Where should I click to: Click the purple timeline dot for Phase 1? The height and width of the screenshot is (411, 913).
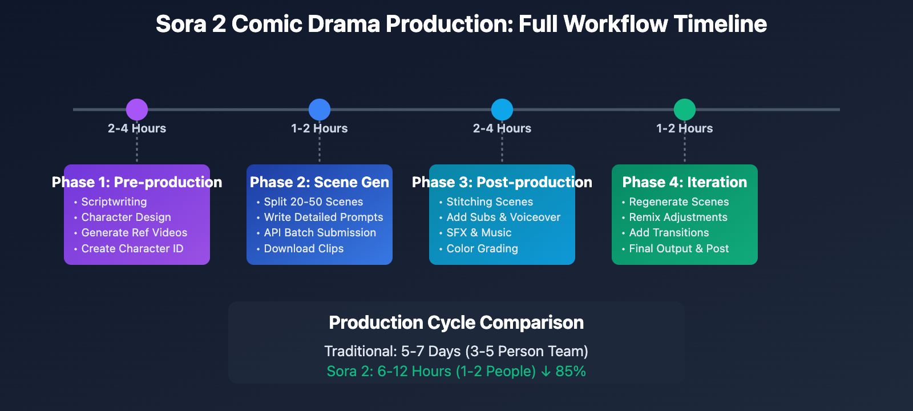coord(137,110)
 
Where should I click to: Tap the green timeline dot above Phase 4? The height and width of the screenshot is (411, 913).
coord(685,110)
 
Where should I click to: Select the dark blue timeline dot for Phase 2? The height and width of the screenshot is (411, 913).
coord(320,110)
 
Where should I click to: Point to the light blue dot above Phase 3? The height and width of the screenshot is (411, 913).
coord(502,110)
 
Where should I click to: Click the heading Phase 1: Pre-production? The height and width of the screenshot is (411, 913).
coord(137,182)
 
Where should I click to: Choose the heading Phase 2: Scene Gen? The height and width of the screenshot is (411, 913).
coord(320,182)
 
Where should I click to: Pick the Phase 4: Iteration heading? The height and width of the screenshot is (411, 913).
coord(685,182)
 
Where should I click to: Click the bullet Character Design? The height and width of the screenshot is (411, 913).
coord(126,217)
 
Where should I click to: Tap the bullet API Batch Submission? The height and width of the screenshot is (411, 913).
coord(320,233)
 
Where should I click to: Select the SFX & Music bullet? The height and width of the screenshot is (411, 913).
coord(479,233)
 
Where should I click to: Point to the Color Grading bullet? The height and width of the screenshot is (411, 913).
coord(482,249)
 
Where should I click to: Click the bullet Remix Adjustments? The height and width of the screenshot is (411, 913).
coord(678,217)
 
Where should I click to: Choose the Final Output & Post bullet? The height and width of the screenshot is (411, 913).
coord(678,249)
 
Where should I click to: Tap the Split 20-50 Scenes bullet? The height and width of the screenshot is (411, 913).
coord(313,202)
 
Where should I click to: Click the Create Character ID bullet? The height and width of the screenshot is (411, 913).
coord(132,249)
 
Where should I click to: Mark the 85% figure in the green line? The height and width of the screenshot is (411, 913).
coord(571,372)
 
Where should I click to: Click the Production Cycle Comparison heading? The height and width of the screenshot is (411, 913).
coord(457,323)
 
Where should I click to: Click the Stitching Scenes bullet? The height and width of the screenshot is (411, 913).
coord(490,202)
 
